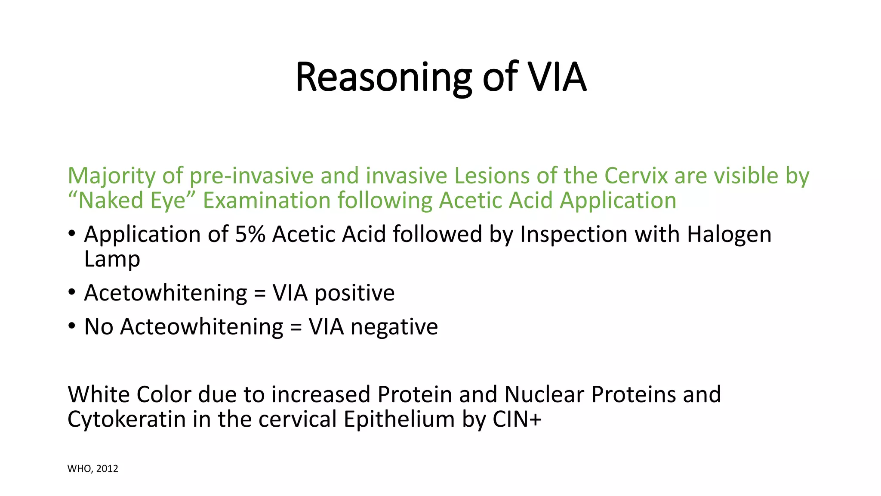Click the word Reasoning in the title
pyautogui.click(x=383, y=77)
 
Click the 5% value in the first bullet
pyautogui.click(x=250, y=235)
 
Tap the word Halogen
pyautogui.click(x=729, y=235)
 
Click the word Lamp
pyautogui.click(x=112, y=259)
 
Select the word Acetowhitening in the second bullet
pyautogui.click(x=166, y=293)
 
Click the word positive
pyautogui.click(x=354, y=293)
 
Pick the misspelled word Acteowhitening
pyautogui.click(x=201, y=327)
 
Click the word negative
pyautogui.click(x=394, y=327)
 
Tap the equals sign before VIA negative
pyautogui.click(x=296, y=327)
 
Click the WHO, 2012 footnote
pyautogui.click(x=92, y=468)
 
